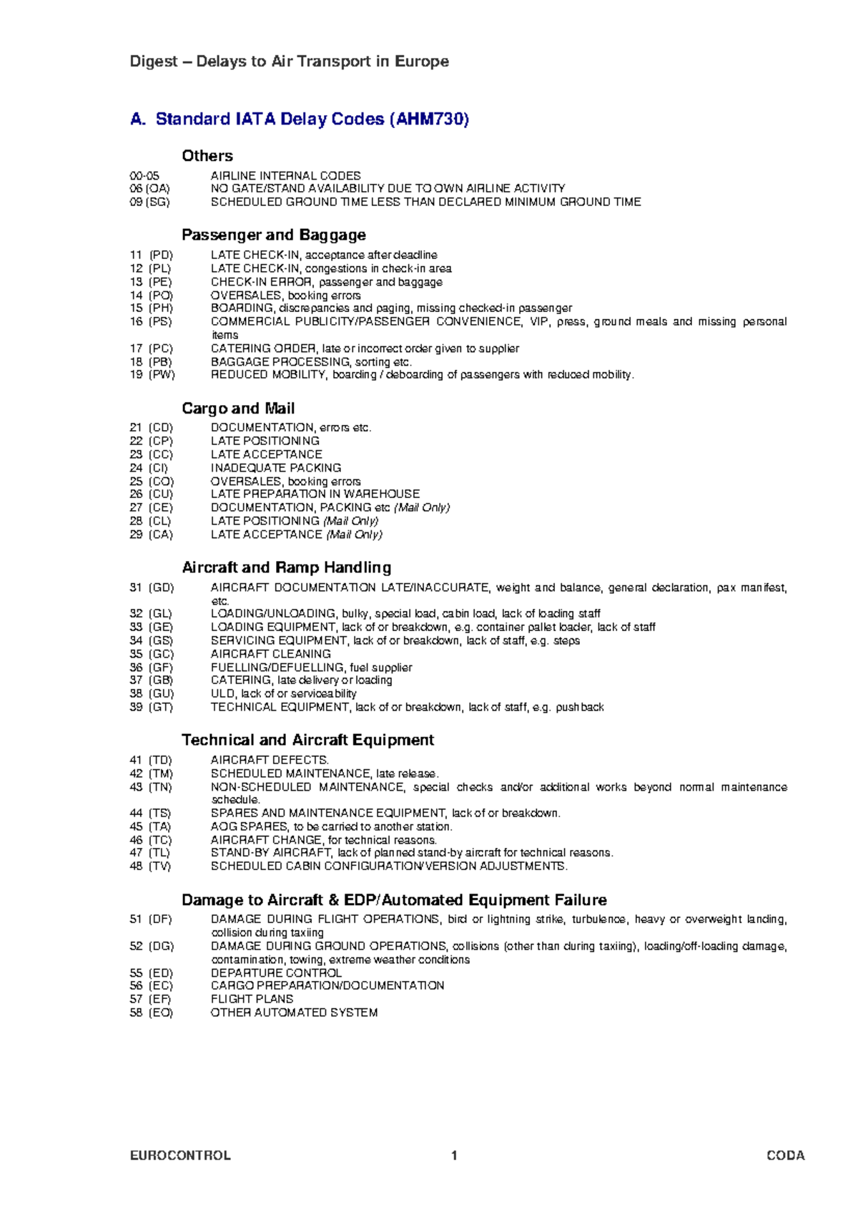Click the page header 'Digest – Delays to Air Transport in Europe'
[x=289, y=62]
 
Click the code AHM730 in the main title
[x=428, y=119]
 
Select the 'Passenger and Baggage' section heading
[x=273, y=235]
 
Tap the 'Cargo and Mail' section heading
[x=237, y=409]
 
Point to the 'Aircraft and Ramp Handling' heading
[x=286, y=567]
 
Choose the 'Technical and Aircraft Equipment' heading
[x=307, y=740]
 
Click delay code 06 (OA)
[x=149, y=189]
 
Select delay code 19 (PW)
[x=152, y=375]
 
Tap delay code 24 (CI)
[x=149, y=468]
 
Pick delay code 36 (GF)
[x=151, y=668]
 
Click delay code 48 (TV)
[x=150, y=867]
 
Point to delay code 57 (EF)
[x=150, y=999]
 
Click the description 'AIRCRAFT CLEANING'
[x=270, y=654]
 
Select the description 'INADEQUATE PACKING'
[x=275, y=468]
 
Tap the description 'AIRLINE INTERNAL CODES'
[x=285, y=176]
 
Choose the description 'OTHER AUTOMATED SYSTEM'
[x=294, y=1012]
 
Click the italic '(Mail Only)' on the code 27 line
[x=422, y=508]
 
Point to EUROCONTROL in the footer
[x=180, y=1156]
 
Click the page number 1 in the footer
[x=454, y=1156]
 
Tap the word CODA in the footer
[x=785, y=1156]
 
